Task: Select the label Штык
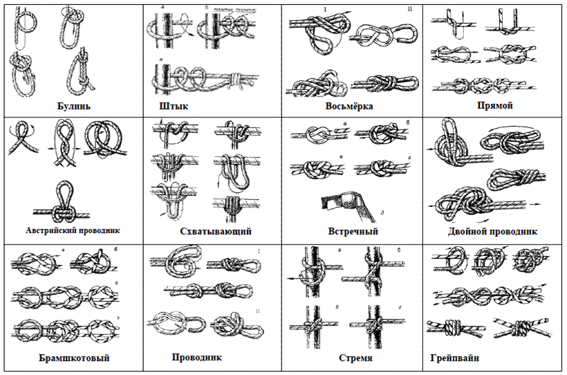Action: point(174,107)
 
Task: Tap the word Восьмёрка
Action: point(349,107)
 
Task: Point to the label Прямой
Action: point(494,107)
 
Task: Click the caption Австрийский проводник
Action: point(73,231)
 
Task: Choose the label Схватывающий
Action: point(214,231)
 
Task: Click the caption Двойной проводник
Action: point(492,231)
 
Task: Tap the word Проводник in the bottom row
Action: point(197,358)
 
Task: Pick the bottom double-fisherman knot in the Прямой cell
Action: point(495,86)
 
